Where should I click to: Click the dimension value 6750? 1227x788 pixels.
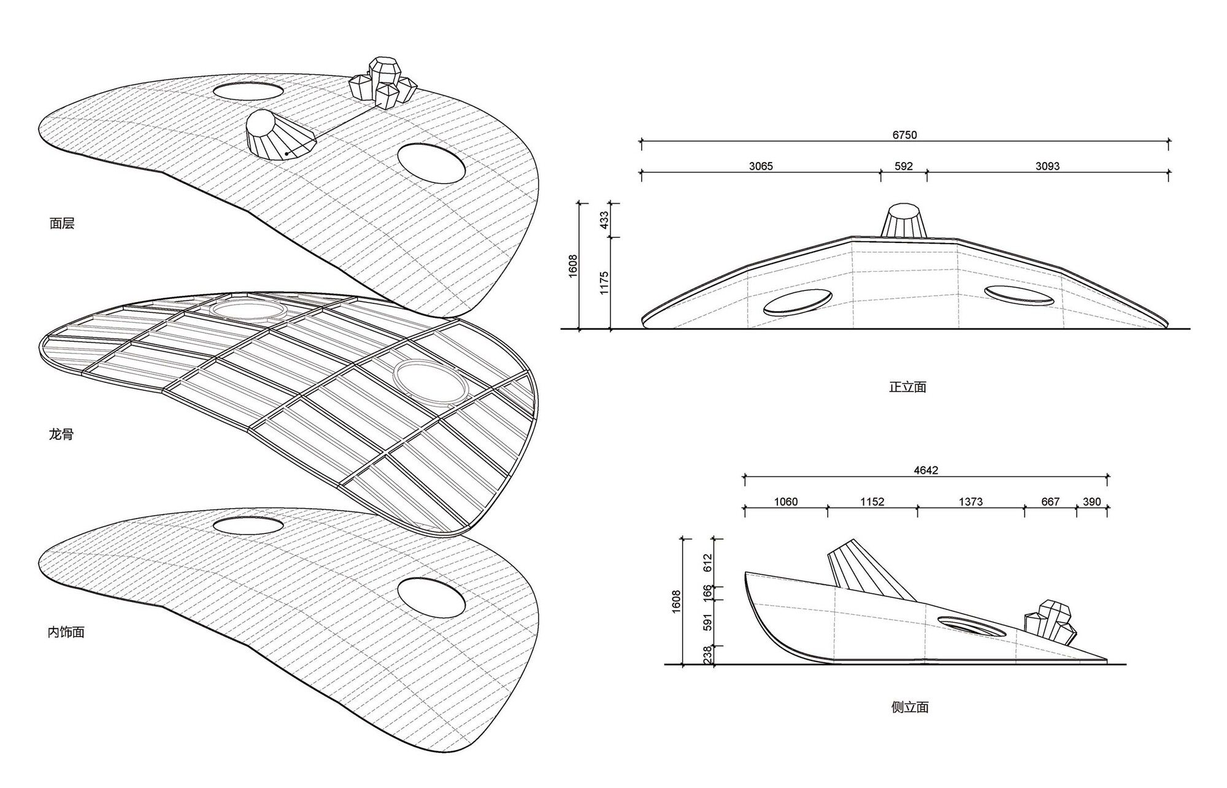pyautogui.click(x=904, y=135)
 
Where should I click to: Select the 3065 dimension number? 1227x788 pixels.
pyautogui.click(x=761, y=166)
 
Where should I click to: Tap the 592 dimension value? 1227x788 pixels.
pyautogui.click(x=904, y=166)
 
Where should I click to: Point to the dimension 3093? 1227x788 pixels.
pyautogui.click(x=1047, y=166)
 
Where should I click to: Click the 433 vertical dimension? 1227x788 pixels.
pyautogui.click(x=604, y=220)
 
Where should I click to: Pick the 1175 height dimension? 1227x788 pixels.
pyautogui.click(x=604, y=283)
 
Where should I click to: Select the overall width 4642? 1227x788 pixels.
pyautogui.click(x=926, y=471)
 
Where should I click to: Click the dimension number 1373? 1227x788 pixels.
pyautogui.click(x=971, y=501)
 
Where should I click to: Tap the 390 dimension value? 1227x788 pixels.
pyautogui.click(x=1091, y=501)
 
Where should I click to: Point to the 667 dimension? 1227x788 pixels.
pyautogui.click(x=1050, y=501)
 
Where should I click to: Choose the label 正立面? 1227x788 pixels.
pyautogui.click(x=907, y=387)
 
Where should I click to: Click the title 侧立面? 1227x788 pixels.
pyautogui.click(x=910, y=708)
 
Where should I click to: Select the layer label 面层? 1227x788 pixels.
pyautogui.click(x=62, y=223)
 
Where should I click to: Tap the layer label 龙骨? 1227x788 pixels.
pyautogui.click(x=61, y=435)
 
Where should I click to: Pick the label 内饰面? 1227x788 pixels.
pyautogui.click(x=66, y=632)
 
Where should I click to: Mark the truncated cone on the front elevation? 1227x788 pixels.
pyautogui.click(x=903, y=220)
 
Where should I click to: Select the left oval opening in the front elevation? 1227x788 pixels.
pyautogui.click(x=798, y=302)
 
